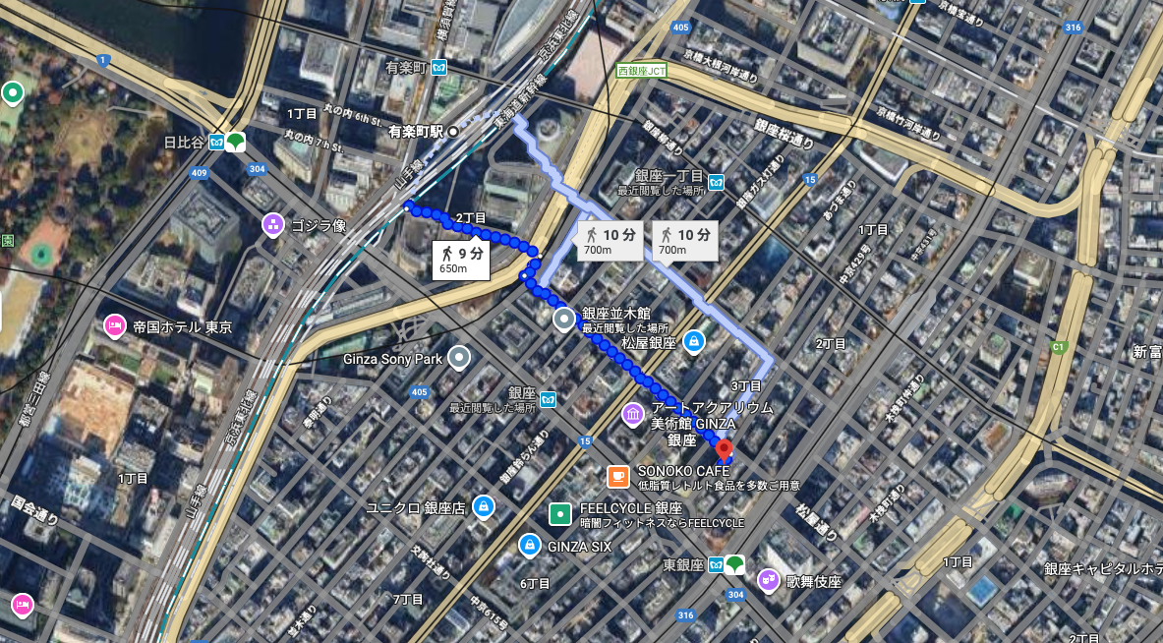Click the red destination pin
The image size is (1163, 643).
tap(724, 451)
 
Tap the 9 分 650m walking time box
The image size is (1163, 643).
tap(461, 260)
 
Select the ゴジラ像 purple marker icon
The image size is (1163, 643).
tap(273, 225)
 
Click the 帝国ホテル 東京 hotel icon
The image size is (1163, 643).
tap(114, 326)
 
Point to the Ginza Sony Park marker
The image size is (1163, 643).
tap(458, 358)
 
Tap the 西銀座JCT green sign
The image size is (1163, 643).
tap(642, 71)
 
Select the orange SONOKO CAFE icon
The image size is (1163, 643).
tap(617, 477)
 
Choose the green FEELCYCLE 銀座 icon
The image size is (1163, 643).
tap(559, 513)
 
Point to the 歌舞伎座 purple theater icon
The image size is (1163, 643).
tap(767, 581)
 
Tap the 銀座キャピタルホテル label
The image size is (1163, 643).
tap(1101, 568)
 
